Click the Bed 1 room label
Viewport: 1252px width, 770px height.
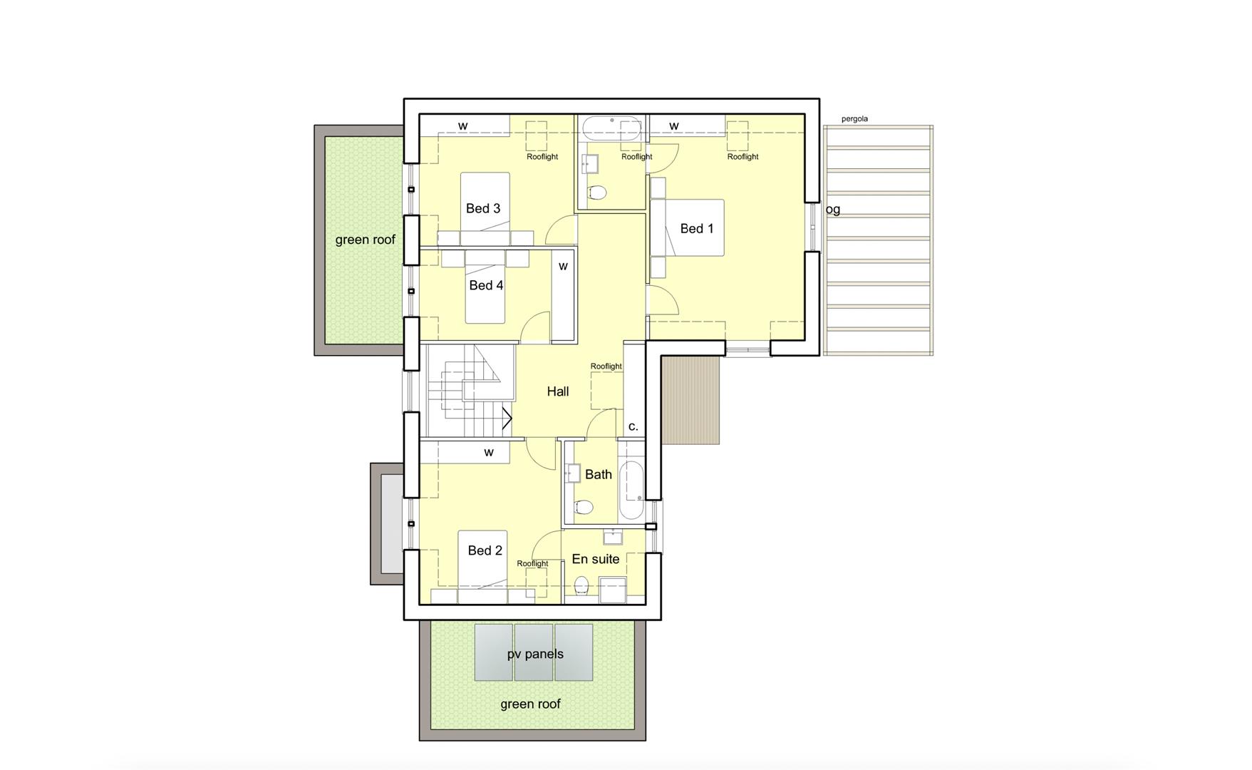696,228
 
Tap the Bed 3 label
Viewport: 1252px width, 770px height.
482,208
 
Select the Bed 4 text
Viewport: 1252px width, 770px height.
486,285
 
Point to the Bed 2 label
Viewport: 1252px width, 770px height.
485,550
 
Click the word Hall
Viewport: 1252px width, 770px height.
558,391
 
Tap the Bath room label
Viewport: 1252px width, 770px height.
599,474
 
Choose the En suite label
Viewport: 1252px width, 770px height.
596,559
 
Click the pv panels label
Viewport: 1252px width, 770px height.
535,654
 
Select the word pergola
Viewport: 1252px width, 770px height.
854,119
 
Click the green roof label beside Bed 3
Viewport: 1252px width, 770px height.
365,240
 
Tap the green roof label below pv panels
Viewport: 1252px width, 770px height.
530,704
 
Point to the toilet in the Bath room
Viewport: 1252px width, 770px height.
583,507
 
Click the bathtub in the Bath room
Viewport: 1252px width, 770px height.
631,491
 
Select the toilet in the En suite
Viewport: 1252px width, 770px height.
581,585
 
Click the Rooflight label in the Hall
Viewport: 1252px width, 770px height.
606,366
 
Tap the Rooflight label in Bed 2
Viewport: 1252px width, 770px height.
532,563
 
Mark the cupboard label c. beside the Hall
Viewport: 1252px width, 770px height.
633,426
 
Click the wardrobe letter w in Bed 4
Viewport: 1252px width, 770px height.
563,266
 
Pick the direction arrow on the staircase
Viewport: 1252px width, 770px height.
507,418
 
